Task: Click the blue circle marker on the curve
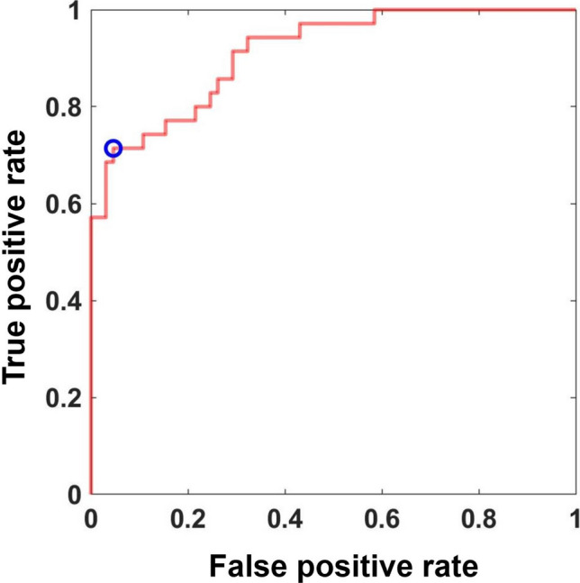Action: coord(113,149)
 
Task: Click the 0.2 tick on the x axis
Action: coord(188,521)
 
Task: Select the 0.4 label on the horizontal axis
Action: coord(285,521)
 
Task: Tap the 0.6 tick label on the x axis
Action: coord(382,521)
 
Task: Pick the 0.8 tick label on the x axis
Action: coord(478,521)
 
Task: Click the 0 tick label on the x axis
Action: coord(91,521)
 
